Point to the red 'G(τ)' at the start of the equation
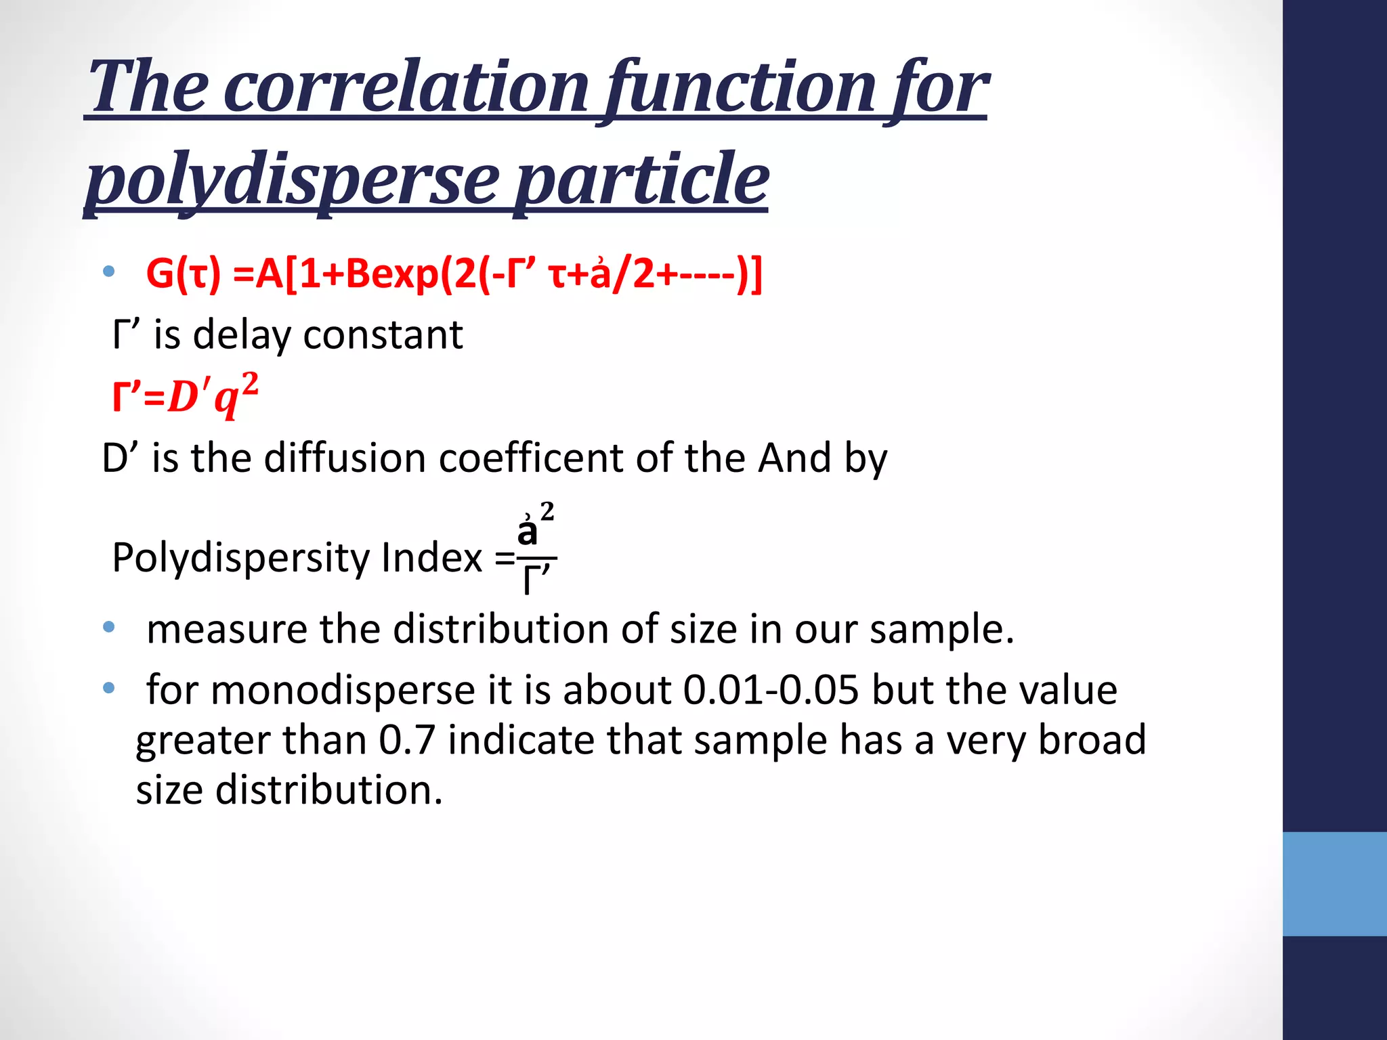(184, 274)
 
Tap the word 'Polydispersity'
(240, 559)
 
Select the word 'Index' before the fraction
(431, 559)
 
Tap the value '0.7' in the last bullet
(406, 740)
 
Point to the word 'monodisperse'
(343, 691)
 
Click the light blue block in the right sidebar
(1334, 884)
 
